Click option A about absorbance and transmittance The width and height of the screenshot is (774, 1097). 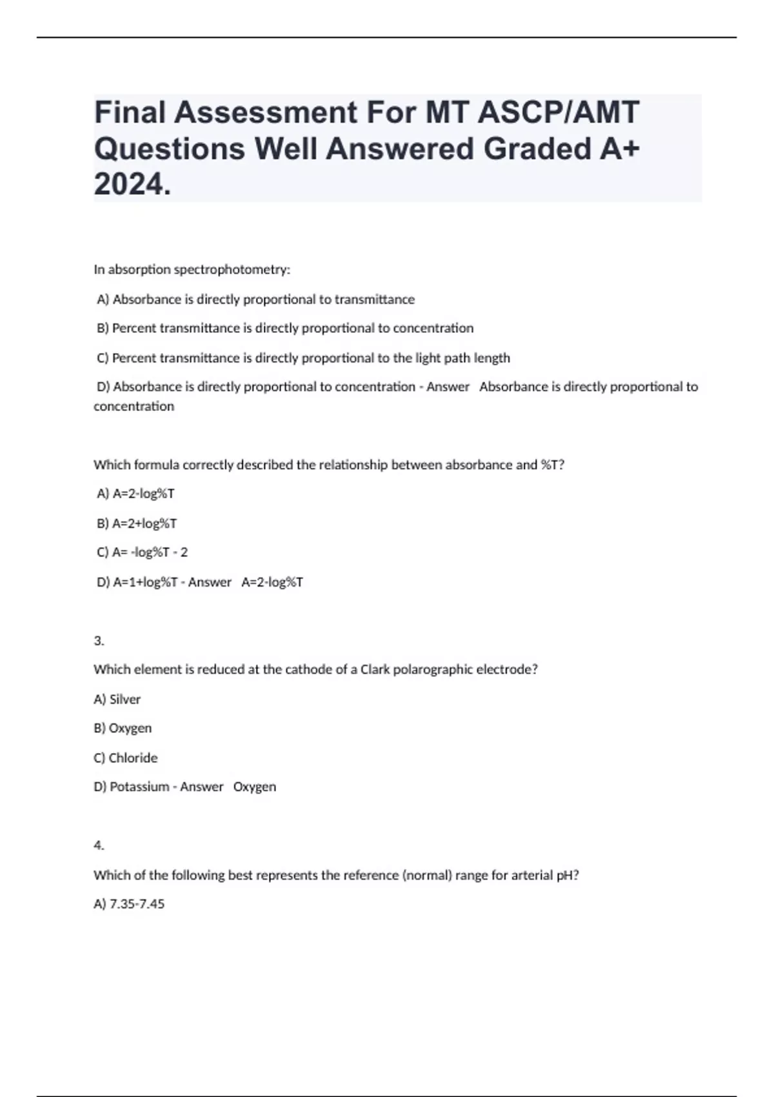256,299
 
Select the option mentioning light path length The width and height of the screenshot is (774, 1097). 304,358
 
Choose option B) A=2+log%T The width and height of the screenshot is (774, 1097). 137,523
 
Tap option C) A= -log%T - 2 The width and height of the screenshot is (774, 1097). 143,552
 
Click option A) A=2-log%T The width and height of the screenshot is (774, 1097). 135,494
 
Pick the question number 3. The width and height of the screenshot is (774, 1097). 99,641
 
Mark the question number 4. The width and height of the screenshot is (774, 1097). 99,845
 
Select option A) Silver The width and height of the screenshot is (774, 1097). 117,699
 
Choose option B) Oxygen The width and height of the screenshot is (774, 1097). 123,729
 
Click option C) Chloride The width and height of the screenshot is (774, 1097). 126,758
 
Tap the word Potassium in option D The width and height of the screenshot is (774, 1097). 139,787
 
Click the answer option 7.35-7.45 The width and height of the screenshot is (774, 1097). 130,904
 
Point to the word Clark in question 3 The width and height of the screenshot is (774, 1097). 375,670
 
